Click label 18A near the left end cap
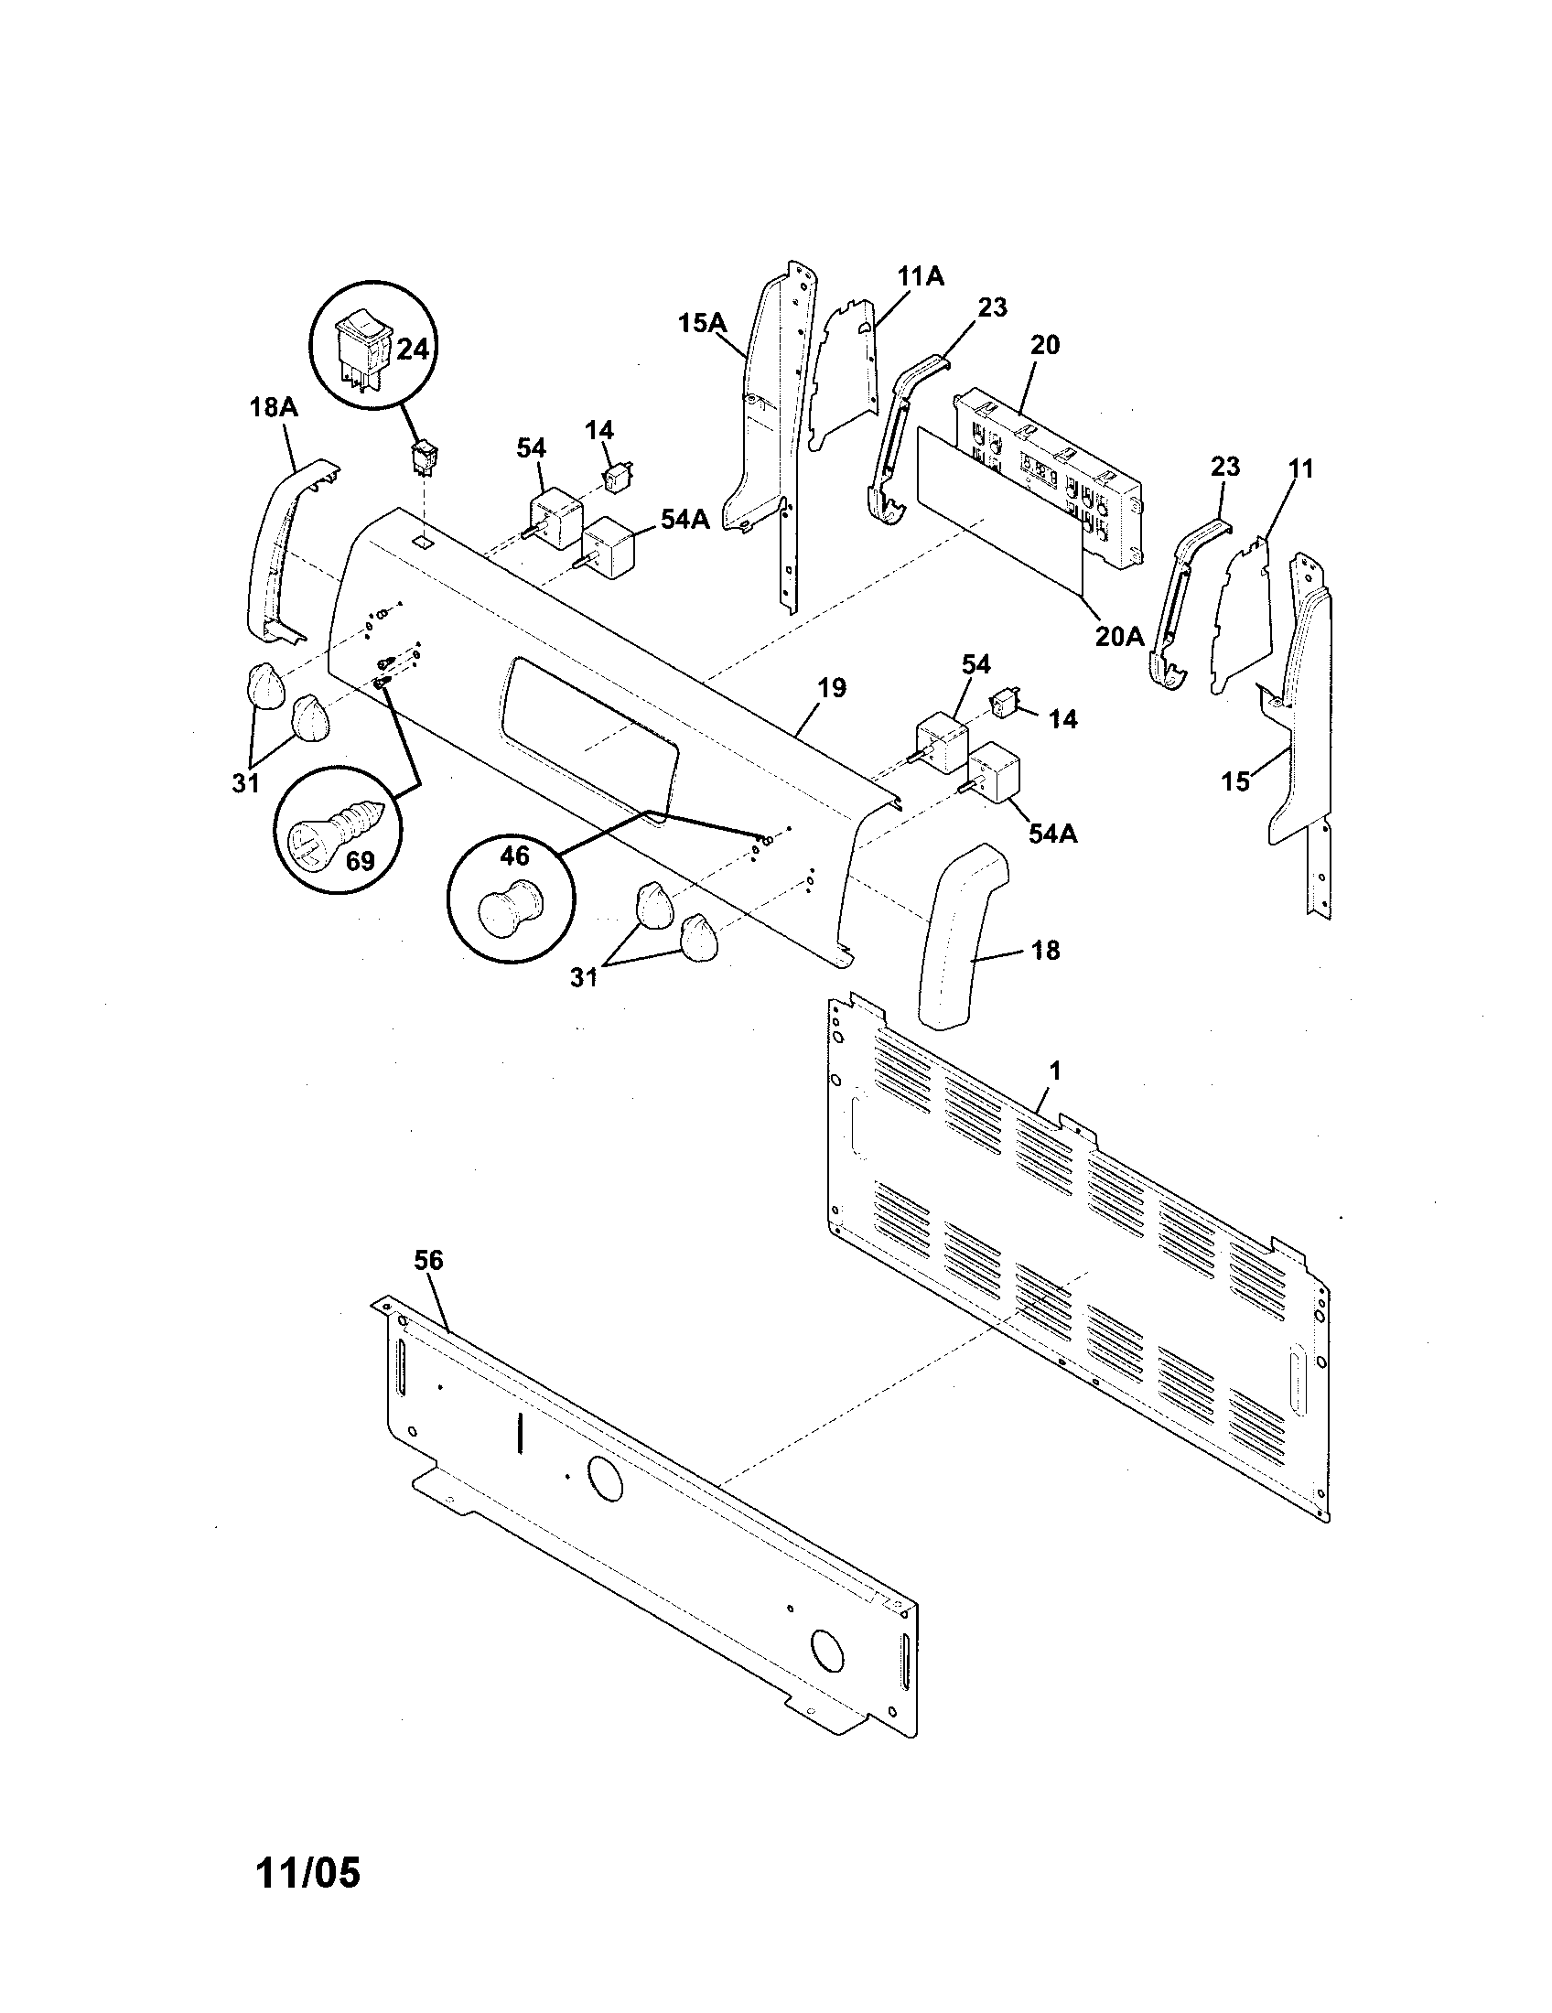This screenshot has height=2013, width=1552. click(x=274, y=407)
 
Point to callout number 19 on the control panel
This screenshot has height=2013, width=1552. click(x=831, y=688)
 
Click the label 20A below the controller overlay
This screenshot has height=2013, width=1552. click(x=1119, y=635)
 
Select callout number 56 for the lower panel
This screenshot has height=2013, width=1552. click(x=428, y=1260)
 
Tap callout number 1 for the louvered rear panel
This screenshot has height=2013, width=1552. click(x=1055, y=1071)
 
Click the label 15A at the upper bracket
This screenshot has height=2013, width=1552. click(x=703, y=323)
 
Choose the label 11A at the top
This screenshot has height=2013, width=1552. click(x=920, y=275)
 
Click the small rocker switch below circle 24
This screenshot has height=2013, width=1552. click(x=426, y=457)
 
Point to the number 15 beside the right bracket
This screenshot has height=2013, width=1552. click(x=1235, y=781)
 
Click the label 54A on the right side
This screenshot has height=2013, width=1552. click(x=1052, y=834)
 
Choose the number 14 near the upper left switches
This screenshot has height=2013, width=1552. click(x=599, y=430)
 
